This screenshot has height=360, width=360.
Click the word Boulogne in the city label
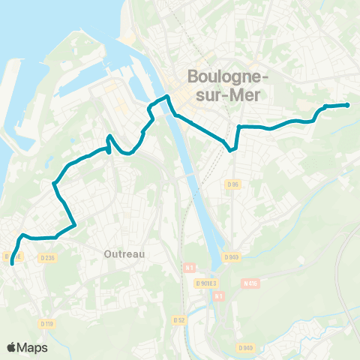tap(220, 77)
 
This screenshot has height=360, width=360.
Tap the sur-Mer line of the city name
tap(220, 94)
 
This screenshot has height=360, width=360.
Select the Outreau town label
tap(123, 253)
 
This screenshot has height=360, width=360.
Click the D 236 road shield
tap(49, 258)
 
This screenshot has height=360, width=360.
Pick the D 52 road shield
tap(178, 319)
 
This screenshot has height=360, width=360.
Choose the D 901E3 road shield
tap(205, 283)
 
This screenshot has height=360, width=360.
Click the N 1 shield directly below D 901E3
tap(218, 295)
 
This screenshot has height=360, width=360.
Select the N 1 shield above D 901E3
tap(189, 266)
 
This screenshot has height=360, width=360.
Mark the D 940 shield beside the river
tap(231, 257)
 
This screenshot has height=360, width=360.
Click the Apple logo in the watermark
tap(12, 347)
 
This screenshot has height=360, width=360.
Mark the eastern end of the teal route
tap(347, 105)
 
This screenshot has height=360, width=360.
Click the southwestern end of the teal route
tap(12, 263)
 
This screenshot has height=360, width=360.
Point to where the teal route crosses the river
tap(172, 108)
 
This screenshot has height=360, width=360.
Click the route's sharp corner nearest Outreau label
tap(75, 224)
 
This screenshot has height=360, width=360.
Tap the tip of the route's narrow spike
tap(109, 136)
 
